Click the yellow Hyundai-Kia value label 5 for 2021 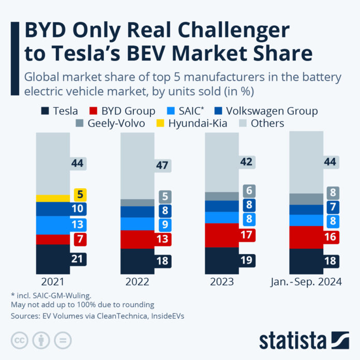[80, 195]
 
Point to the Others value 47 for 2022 [163, 166]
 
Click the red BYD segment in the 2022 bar [136, 239]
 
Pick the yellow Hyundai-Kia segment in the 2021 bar [53, 198]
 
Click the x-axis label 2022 [137, 282]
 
